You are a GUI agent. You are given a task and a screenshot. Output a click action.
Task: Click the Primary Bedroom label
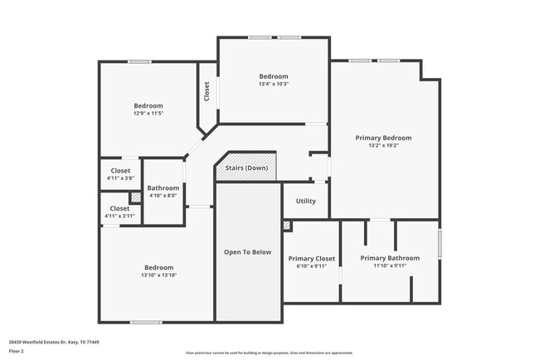(x=383, y=138)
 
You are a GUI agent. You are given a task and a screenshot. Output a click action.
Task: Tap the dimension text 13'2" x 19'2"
(x=383, y=146)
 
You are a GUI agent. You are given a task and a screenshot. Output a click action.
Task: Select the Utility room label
(x=305, y=202)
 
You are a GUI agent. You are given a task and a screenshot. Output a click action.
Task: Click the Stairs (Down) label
(x=246, y=168)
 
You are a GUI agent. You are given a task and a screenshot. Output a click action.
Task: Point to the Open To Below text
(x=248, y=252)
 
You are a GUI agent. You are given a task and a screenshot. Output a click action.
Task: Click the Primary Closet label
(x=311, y=259)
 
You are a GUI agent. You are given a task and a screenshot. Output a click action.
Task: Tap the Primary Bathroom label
(x=390, y=258)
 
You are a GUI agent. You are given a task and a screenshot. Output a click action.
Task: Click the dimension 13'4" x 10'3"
(x=274, y=84)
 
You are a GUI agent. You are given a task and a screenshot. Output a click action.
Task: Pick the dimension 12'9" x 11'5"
(x=148, y=114)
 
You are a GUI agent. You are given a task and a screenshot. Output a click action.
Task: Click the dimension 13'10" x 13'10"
(x=159, y=275)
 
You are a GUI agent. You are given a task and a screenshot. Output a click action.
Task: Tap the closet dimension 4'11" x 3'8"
(x=120, y=178)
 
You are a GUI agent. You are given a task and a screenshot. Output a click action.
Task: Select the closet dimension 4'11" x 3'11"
(x=120, y=216)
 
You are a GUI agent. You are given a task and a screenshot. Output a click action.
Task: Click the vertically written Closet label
(x=206, y=90)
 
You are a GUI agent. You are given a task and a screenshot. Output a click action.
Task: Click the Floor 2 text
(x=17, y=351)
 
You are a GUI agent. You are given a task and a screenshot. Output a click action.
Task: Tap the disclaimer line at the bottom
(x=269, y=353)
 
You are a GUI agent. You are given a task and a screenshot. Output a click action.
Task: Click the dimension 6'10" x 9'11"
(x=311, y=266)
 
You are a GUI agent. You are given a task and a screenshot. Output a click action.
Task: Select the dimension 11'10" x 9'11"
(x=390, y=266)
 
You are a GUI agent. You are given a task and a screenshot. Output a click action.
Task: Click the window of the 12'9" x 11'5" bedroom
(x=138, y=61)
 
